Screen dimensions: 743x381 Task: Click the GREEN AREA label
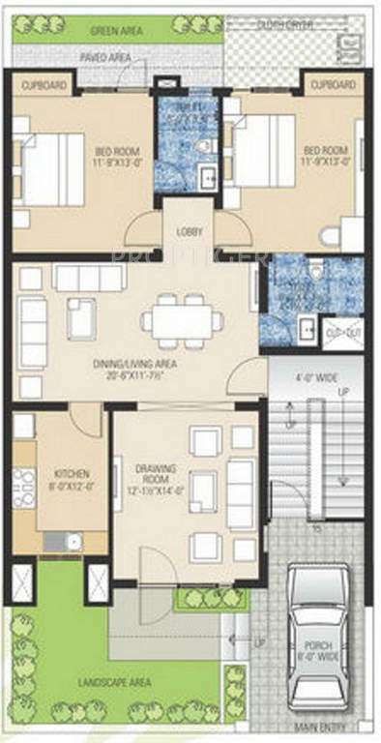point(116,31)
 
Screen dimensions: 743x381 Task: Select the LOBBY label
point(189,232)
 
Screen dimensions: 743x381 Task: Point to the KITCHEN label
point(72,480)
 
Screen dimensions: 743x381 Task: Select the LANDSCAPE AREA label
point(114,684)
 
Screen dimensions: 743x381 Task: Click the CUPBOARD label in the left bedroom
point(44,86)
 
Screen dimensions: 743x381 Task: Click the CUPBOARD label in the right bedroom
point(332,86)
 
